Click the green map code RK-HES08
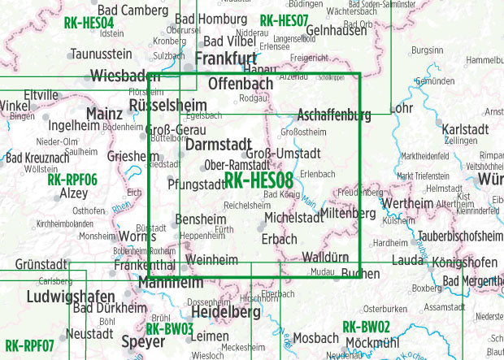[259, 180]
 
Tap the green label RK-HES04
[88, 23]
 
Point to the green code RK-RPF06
[72, 180]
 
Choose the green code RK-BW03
[169, 329]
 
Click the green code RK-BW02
[366, 327]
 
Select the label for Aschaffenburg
[334, 115]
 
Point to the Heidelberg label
[215, 313]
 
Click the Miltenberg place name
[348, 214]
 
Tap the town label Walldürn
[325, 258]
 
